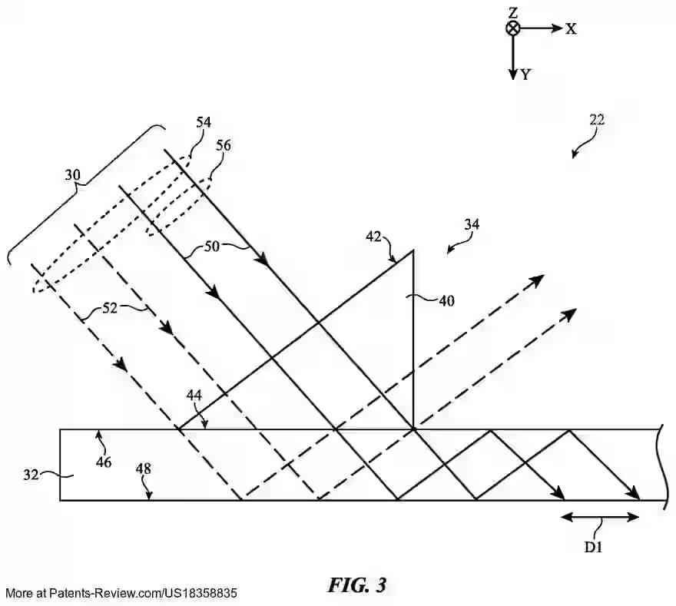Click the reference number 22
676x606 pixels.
tap(597, 120)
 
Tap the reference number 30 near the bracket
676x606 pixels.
tap(72, 175)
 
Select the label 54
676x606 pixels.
tap(204, 122)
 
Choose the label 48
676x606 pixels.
tap(144, 468)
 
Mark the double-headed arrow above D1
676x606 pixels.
tap(600, 517)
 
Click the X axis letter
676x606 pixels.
tap(571, 28)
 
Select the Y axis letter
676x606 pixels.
tap(526, 75)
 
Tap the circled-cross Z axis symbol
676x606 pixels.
tap(512, 28)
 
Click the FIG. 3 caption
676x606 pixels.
tap(357, 585)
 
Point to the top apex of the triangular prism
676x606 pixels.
tap(413, 250)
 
